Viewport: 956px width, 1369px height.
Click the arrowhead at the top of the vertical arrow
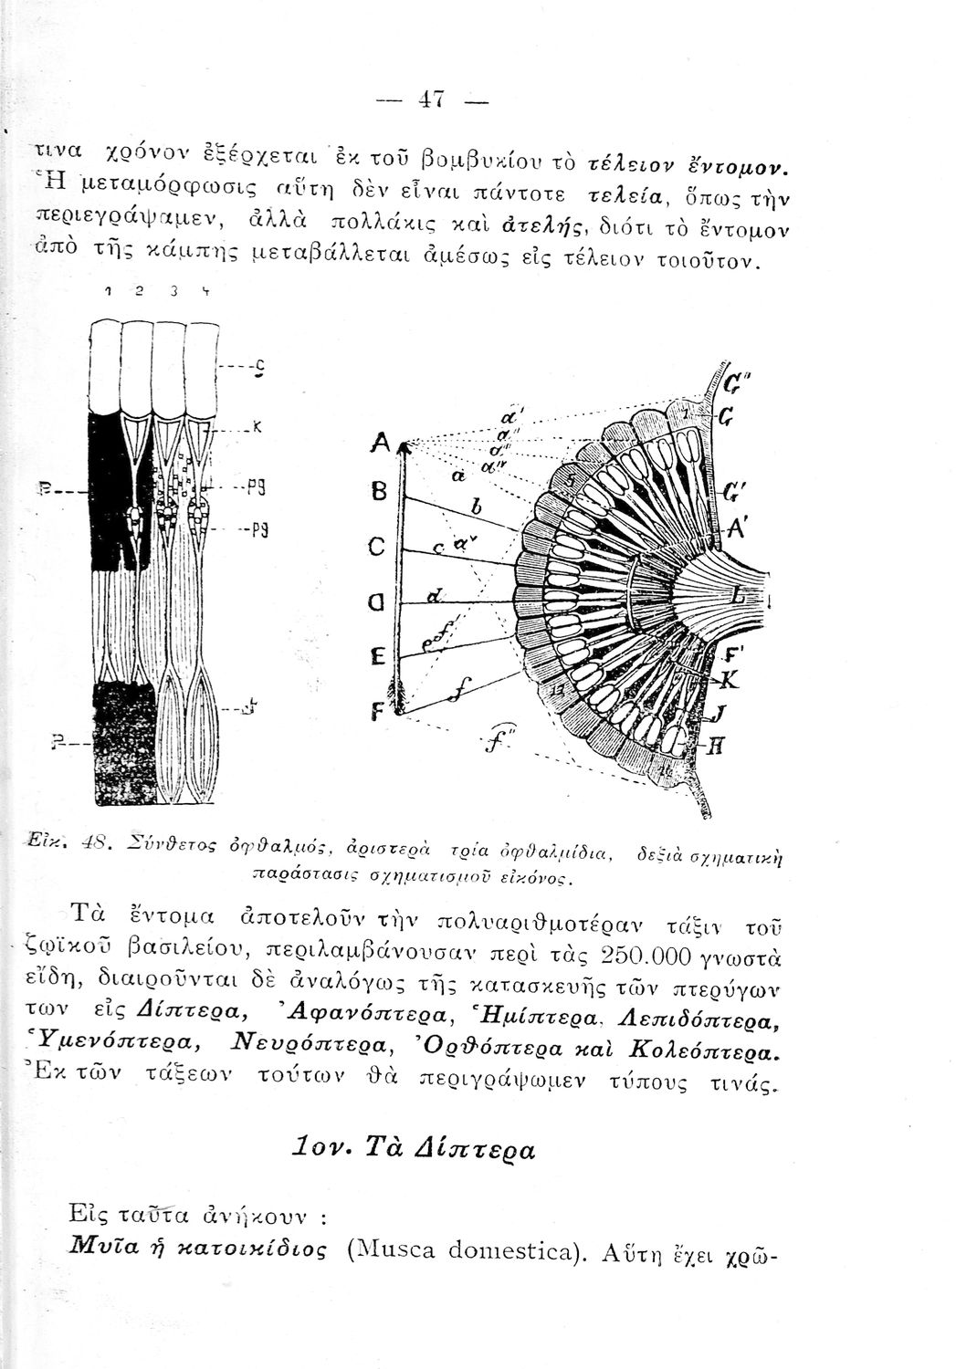click(x=404, y=447)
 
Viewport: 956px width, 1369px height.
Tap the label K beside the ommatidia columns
click(x=257, y=425)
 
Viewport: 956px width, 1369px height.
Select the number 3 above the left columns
click(x=173, y=290)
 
